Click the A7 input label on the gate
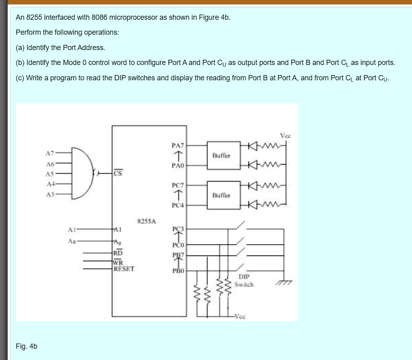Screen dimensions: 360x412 click(x=49, y=153)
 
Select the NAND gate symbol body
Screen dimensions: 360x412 click(x=83, y=173)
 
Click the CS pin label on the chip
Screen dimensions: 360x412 click(x=118, y=174)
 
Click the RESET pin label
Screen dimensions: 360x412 click(x=124, y=268)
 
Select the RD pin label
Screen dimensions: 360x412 click(x=118, y=253)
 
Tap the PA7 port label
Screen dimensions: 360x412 click(x=178, y=145)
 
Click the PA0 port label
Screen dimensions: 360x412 click(x=178, y=165)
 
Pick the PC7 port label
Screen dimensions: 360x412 click(x=178, y=185)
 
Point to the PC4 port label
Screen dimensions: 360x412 click(x=178, y=205)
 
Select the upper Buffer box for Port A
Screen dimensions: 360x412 click(x=221, y=155)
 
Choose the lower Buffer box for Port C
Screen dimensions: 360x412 click(x=221, y=195)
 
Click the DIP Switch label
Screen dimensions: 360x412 click(x=244, y=280)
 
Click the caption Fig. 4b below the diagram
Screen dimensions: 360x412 click(x=26, y=346)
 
